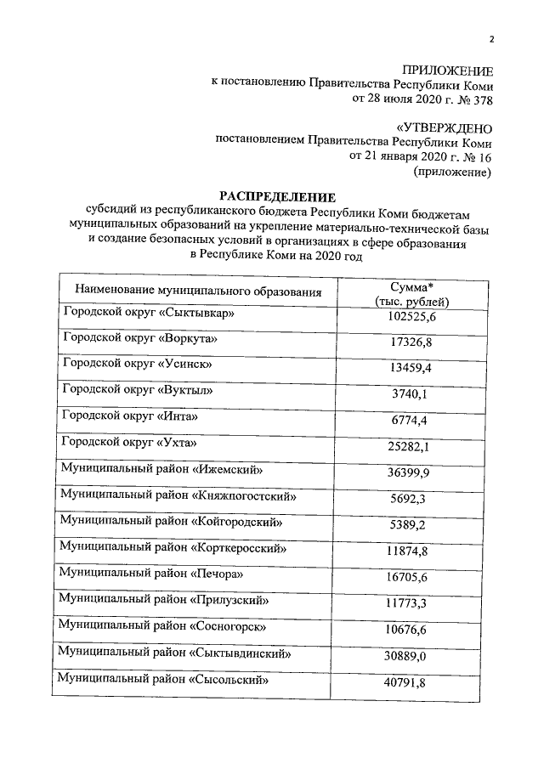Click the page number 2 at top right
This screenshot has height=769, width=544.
[490, 39]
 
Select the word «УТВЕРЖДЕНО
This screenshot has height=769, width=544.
[445, 128]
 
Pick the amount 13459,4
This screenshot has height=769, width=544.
[411, 370]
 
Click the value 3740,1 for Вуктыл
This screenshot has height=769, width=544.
[411, 396]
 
